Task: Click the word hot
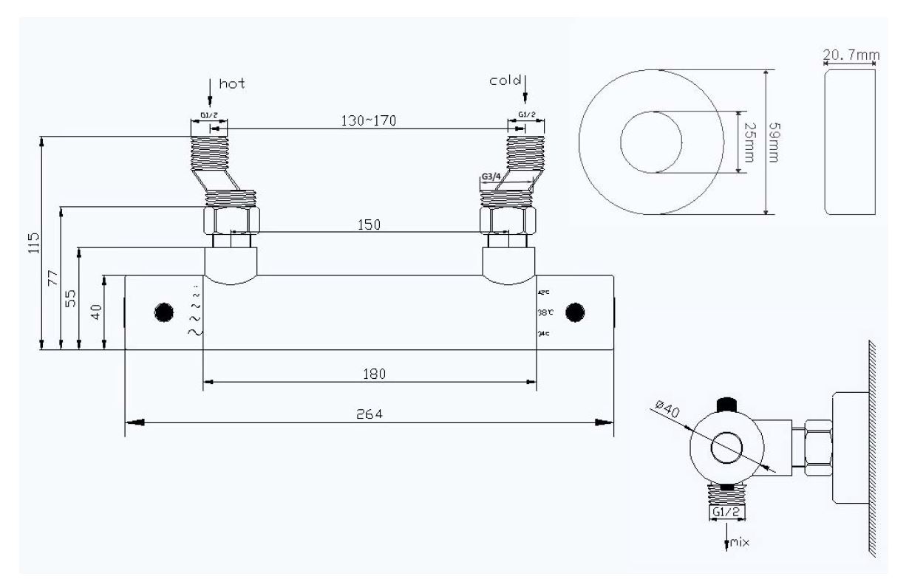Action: [231, 83]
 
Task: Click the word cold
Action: [505, 80]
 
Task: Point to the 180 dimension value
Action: [374, 374]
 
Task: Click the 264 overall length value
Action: [368, 414]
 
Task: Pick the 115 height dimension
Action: [33, 242]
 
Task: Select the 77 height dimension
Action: [52, 278]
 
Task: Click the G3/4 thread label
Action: [490, 178]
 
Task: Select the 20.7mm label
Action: [849, 55]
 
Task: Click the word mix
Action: [739, 542]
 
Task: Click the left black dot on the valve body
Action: [163, 312]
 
